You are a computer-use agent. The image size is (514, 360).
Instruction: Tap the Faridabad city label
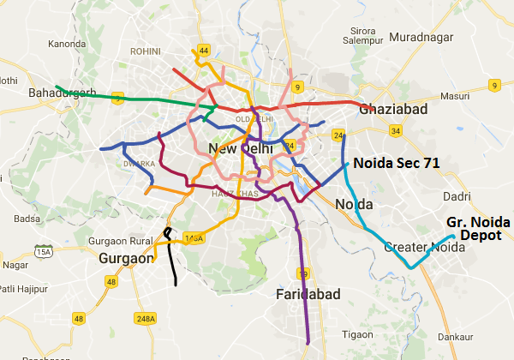pos(308,295)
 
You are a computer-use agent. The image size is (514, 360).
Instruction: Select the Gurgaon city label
pos(125,258)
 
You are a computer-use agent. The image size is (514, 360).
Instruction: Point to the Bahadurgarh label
pos(61,93)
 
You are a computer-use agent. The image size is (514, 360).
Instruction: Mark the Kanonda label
pos(68,43)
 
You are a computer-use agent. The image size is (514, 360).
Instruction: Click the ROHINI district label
pos(146,51)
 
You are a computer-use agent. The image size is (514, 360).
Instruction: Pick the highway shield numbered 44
pos(203,51)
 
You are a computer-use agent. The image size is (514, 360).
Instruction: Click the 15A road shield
pos(43,251)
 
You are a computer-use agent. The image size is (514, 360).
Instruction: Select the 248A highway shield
pos(146,318)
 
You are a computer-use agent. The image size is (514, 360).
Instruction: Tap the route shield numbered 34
pos(395,131)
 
